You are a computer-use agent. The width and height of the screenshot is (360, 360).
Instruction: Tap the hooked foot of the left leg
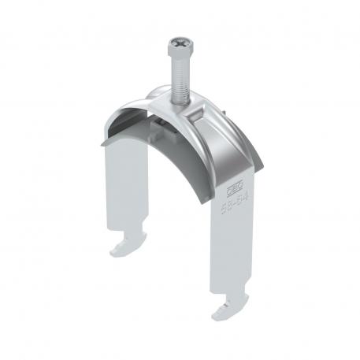point(124,249)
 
